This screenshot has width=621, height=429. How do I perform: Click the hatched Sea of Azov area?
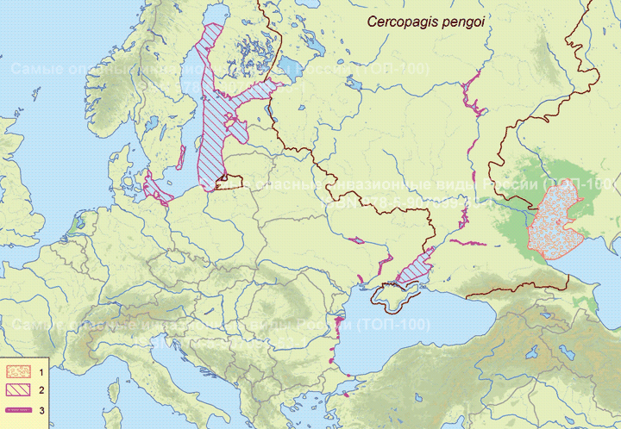click(x=417, y=268)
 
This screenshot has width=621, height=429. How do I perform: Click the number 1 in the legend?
click(x=42, y=371)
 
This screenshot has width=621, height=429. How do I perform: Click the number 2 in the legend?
click(x=42, y=390)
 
